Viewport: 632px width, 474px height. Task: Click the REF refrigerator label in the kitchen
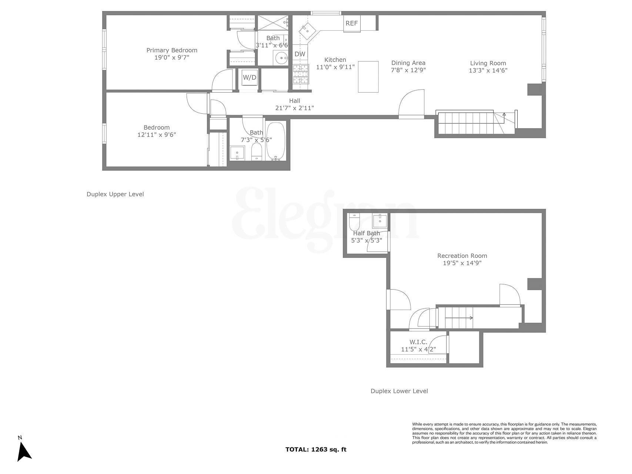pos(351,23)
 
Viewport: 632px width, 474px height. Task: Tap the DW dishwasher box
pos(300,54)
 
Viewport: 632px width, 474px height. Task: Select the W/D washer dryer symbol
pos(249,78)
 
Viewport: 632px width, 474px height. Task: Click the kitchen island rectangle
pos(368,77)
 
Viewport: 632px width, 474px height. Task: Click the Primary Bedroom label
pos(172,50)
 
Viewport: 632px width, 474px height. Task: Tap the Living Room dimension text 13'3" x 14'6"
pos(488,70)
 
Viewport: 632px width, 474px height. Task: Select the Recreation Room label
pos(462,256)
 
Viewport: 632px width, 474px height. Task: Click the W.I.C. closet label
pos(418,342)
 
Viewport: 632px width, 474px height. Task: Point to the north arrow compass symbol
pos(24,451)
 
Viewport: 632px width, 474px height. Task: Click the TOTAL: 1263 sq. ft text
pos(316,450)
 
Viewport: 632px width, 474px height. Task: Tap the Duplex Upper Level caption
pos(115,194)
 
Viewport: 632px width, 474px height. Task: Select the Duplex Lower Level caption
pos(399,391)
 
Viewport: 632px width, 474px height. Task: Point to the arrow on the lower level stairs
pos(459,318)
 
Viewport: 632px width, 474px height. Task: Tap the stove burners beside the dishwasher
pos(301,74)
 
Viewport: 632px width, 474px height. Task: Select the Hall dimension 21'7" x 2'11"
pos(295,108)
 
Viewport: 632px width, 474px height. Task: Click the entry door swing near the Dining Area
pos(412,104)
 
